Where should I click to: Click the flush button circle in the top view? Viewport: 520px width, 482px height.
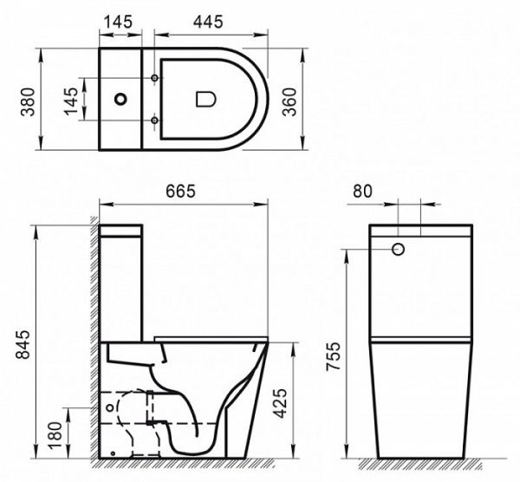pyautogui.click(x=121, y=100)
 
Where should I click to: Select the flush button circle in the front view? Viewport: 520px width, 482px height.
pyautogui.click(x=400, y=250)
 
